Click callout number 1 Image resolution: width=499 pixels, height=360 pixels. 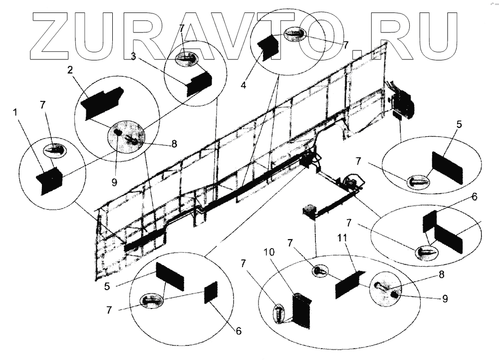pyautogui.click(x=16, y=113)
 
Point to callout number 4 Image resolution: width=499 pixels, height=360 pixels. pyautogui.click(x=243, y=85)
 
